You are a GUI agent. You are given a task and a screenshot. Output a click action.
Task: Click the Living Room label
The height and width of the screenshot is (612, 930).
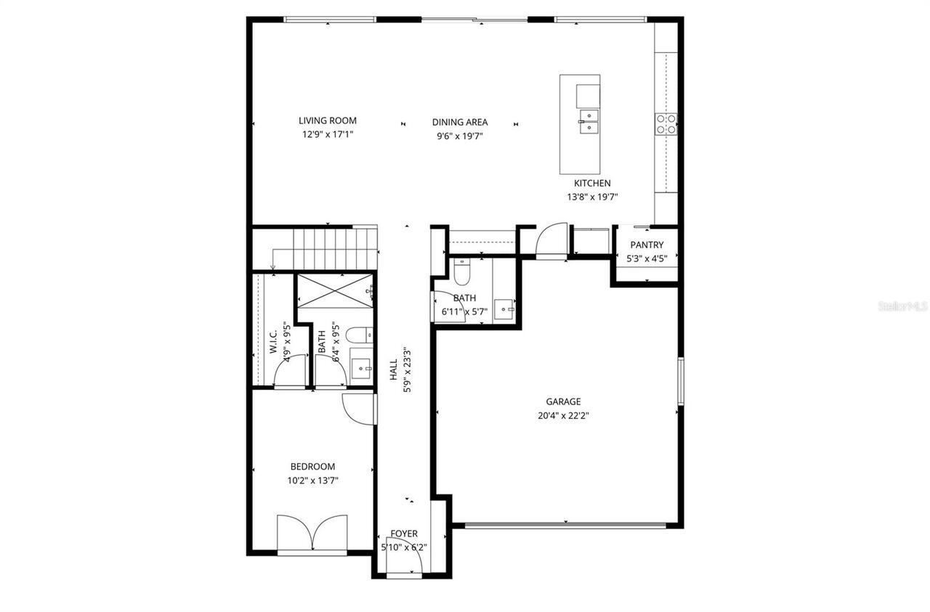[x=328, y=121]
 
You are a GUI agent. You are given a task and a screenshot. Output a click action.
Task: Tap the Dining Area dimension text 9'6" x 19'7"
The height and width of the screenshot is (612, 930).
[x=460, y=135]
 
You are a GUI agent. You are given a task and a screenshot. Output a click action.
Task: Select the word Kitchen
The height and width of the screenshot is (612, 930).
[x=592, y=183]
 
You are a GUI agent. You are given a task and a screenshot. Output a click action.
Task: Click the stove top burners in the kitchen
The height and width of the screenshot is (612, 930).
[x=666, y=124]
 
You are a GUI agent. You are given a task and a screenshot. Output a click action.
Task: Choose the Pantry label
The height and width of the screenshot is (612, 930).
[x=646, y=245]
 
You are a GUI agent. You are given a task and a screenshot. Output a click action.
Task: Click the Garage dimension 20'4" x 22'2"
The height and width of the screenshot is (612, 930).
[x=563, y=416]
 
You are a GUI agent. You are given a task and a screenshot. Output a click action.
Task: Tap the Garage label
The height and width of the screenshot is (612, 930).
[x=563, y=401]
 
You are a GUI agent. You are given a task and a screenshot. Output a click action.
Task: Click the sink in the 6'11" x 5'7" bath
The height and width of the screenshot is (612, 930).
[x=504, y=309]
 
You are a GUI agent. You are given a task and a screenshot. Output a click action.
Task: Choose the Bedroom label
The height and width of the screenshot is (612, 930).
[x=312, y=467]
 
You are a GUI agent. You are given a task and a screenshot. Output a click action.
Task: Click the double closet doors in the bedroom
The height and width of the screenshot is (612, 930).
[x=312, y=534]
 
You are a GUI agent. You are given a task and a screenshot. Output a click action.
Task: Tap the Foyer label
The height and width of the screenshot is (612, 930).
[x=404, y=534]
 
